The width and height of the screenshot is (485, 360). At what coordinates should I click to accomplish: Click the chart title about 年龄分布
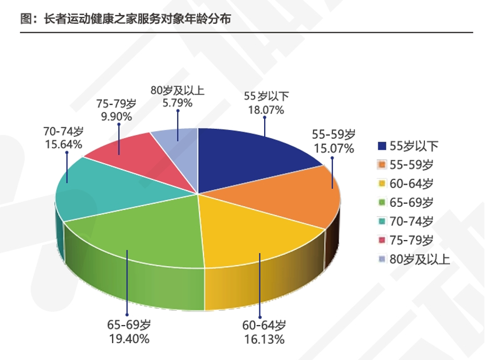pos(125,19)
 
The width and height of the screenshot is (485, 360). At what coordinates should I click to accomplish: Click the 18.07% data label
pos(264,109)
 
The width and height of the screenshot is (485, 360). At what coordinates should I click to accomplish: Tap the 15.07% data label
pos(334,148)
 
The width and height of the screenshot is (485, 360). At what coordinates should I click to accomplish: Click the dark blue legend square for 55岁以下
pos(382,146)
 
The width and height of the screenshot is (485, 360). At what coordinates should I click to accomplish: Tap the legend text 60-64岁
pos(412,183)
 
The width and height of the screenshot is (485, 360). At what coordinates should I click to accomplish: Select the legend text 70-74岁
pos(412,221)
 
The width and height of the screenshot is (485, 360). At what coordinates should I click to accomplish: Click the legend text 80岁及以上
pos(420,259)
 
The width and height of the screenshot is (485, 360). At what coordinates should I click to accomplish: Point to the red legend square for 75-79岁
pos(382,241)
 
